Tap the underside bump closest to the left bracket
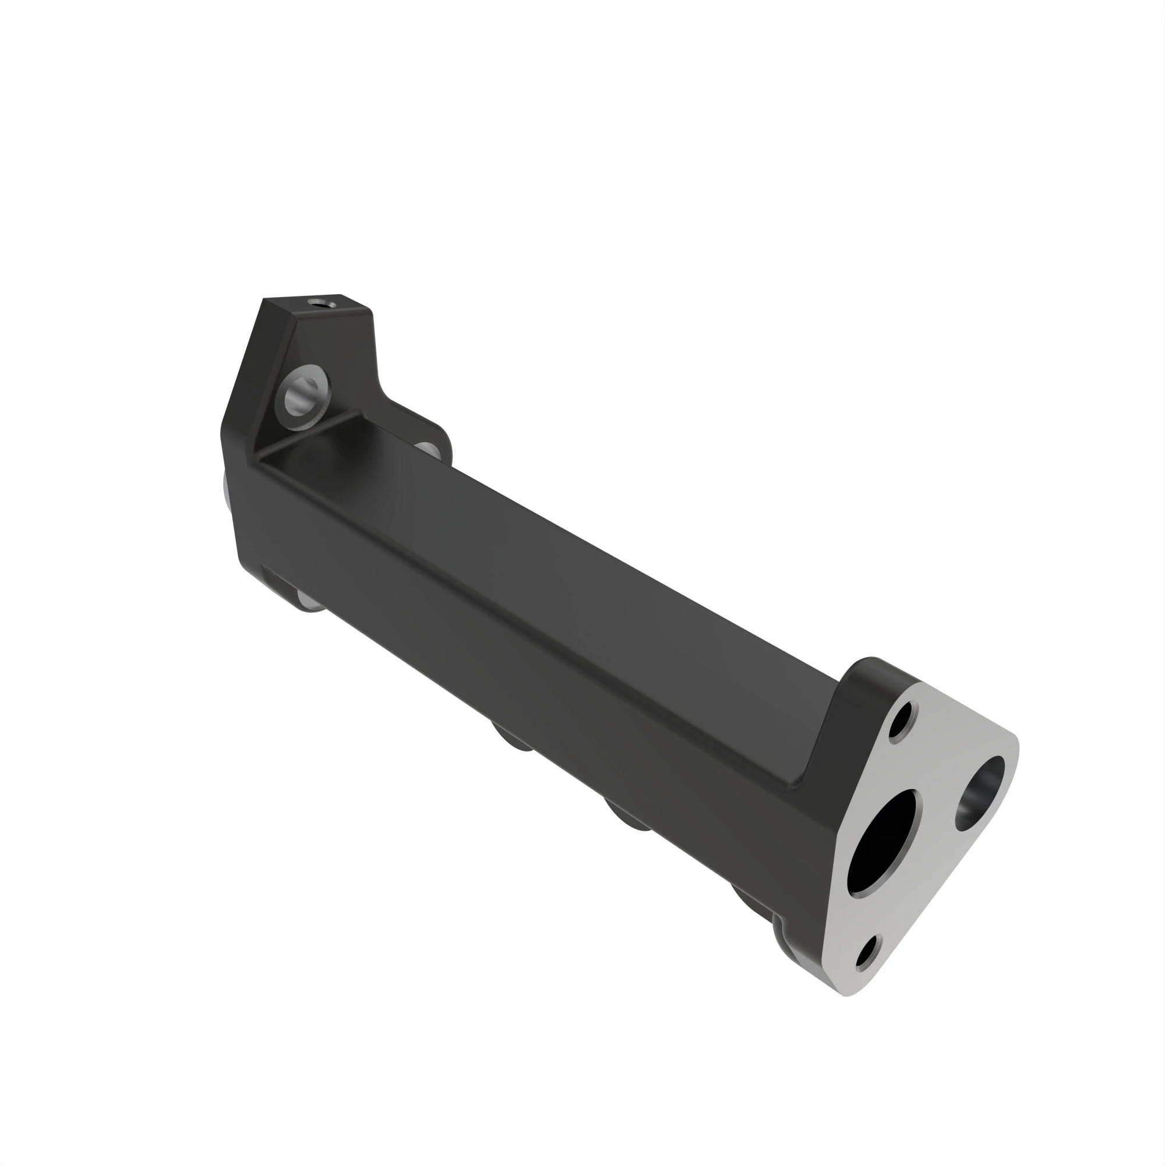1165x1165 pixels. coord(513,738)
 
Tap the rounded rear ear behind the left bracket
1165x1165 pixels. coord(434,431)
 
